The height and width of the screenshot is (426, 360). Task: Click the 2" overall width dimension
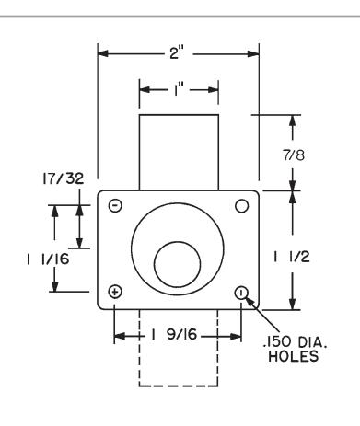point(177,53)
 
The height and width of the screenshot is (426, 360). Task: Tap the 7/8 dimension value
point(294,155)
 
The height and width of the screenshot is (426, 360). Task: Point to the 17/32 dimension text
point(63,178)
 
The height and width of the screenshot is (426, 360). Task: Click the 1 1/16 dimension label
point(48,259)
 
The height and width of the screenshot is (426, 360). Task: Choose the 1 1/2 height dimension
point(292,257)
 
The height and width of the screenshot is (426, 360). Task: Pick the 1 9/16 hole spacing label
point(173,334)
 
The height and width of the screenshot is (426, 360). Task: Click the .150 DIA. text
point(295,341)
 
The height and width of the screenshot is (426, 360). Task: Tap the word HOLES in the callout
point(294,356)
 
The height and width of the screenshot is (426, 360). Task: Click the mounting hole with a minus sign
point(115,205)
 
